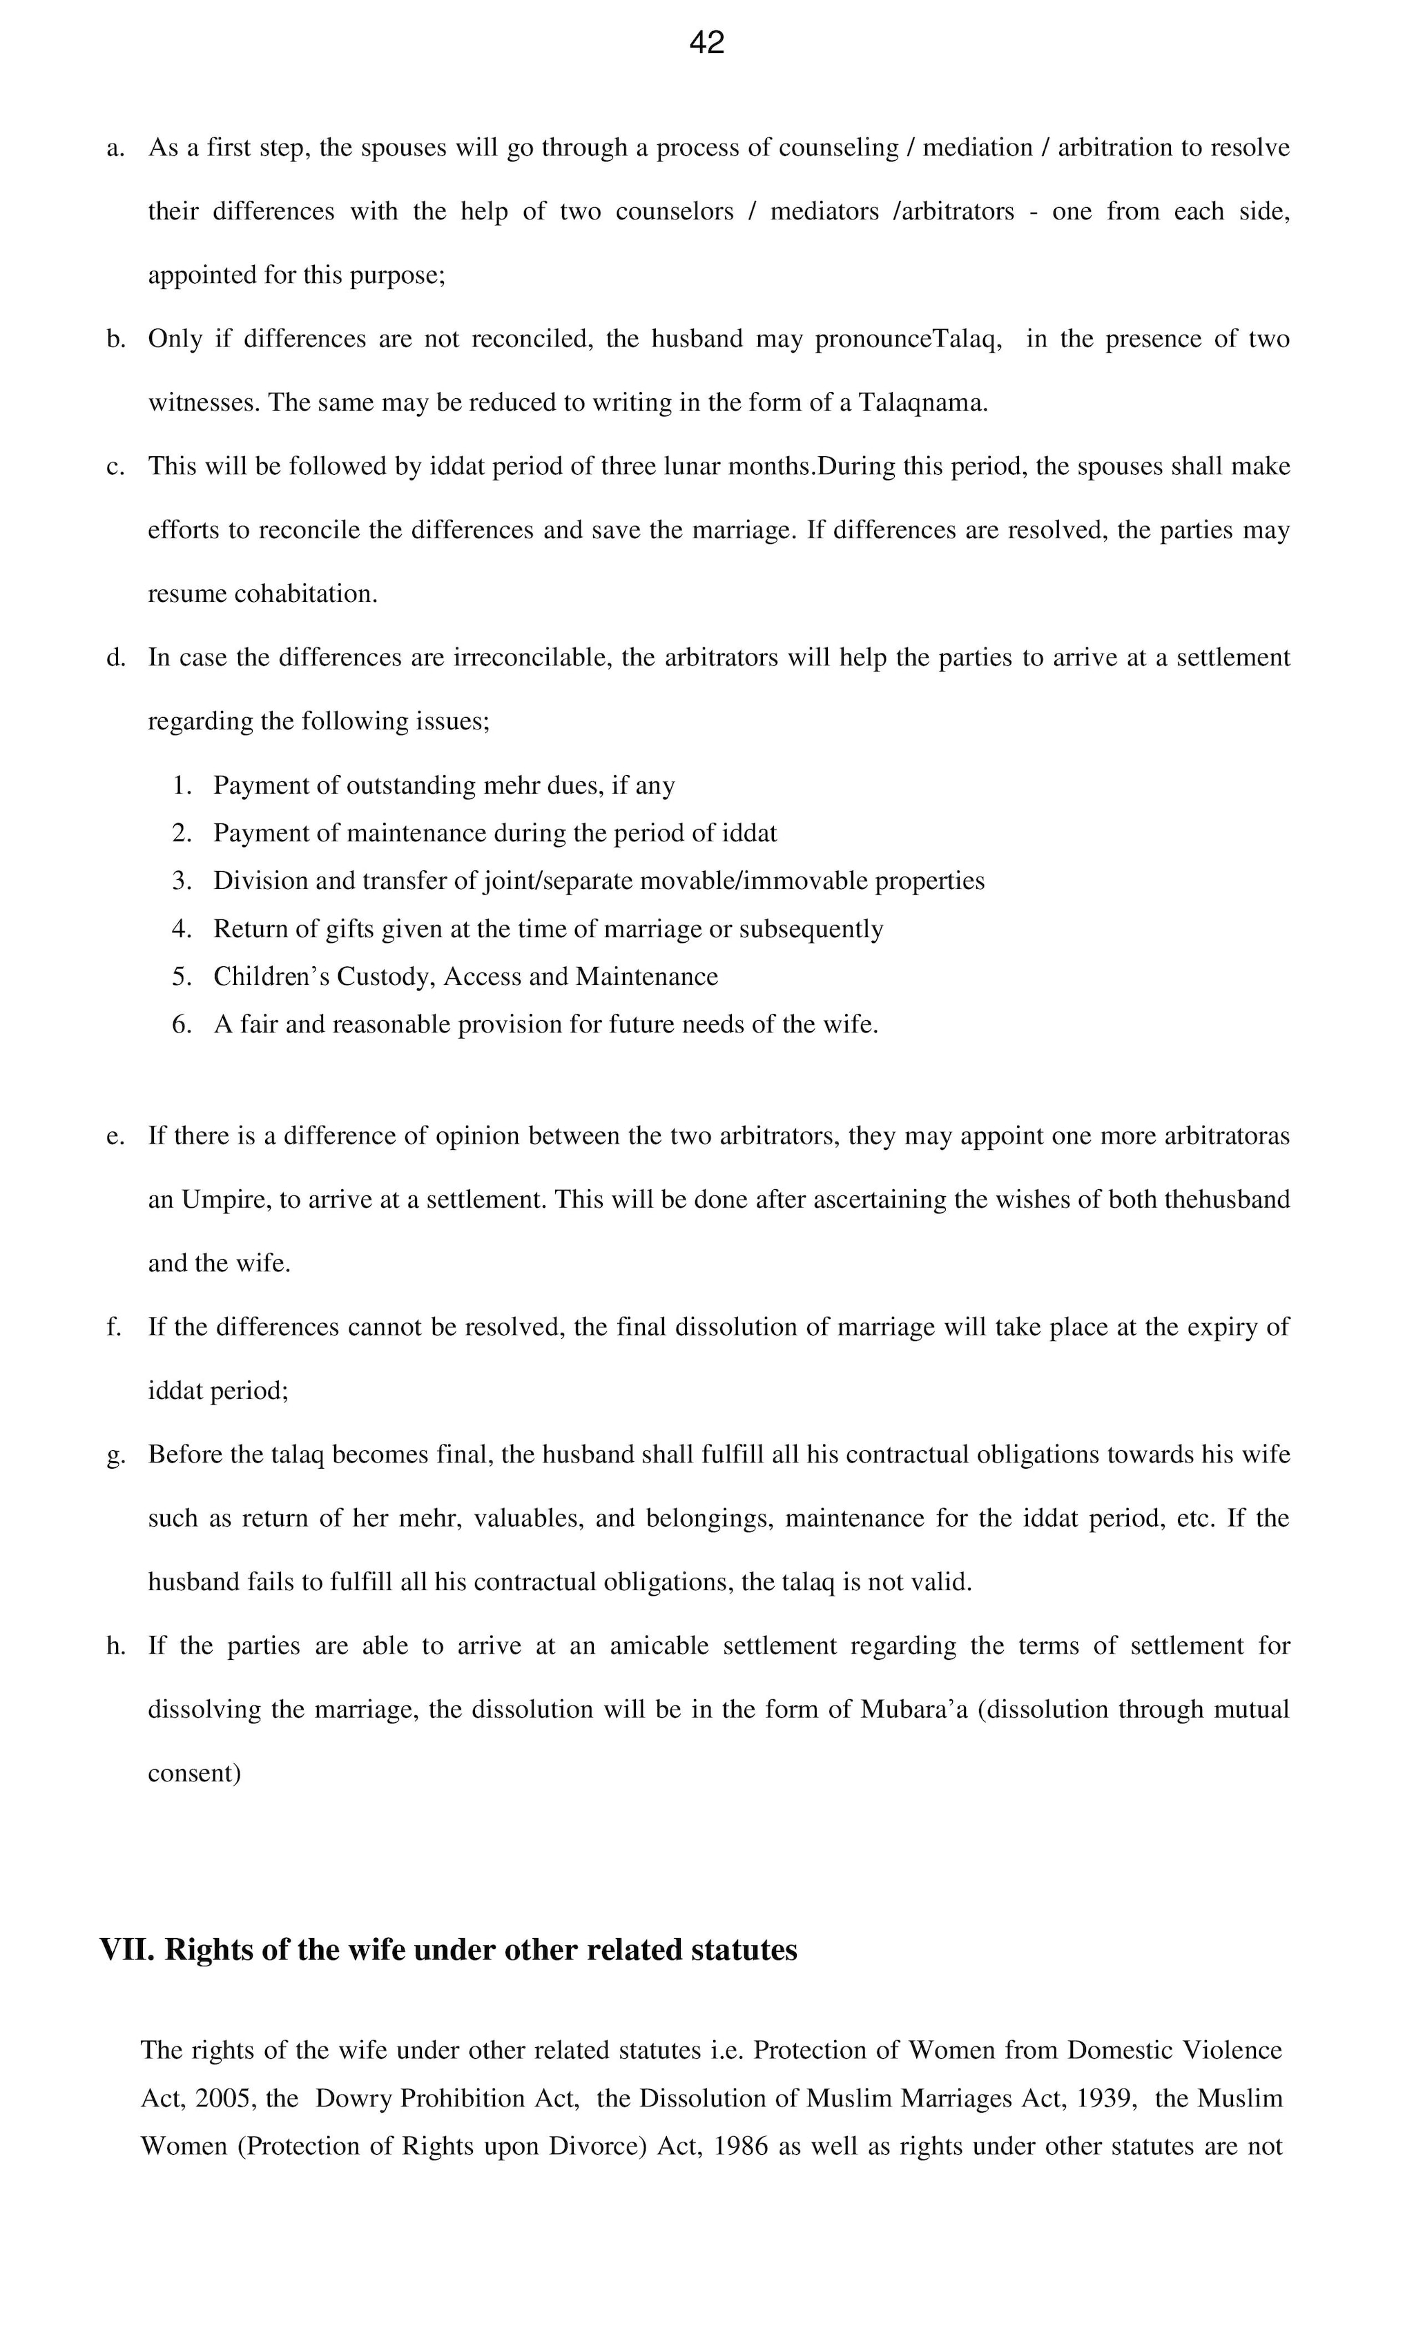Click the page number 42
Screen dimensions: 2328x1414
[706, 43]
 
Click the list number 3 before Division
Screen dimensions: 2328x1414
[182, 881]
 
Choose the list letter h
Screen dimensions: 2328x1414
[115, 1646]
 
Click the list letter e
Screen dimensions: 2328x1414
[115, 1135]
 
